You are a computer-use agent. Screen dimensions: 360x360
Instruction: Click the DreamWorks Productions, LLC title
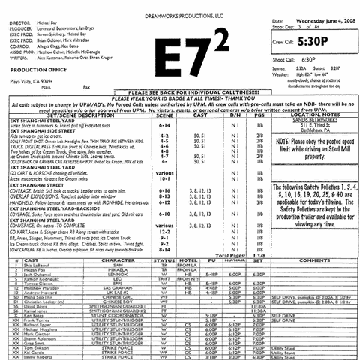pyautogui.click(x=181, y=5)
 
